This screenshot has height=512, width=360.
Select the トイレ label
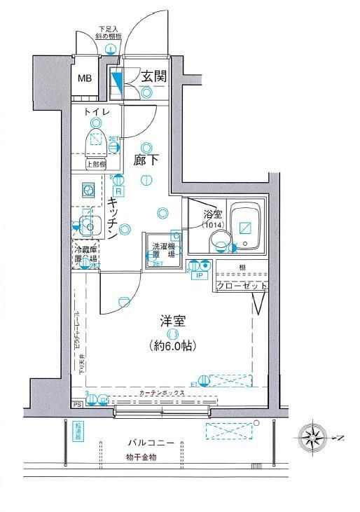(x=95, y=112)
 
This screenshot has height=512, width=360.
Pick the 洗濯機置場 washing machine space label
(x=163, y=250)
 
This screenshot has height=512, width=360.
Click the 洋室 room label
(x=172, y=321)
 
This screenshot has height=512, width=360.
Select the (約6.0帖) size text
(x=172, y=345)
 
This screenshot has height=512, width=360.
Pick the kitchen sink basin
(x=89, y=226)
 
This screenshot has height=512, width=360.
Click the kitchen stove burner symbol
(x=88, y=188)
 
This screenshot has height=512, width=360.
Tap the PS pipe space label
(x=77, y=405)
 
